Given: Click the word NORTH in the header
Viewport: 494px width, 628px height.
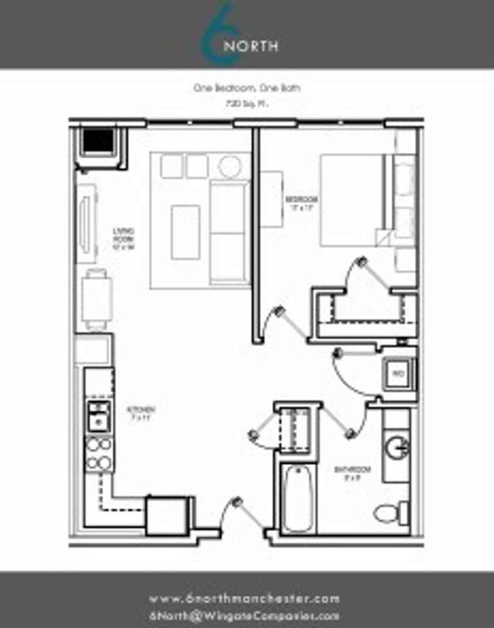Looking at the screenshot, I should tap(251, 46).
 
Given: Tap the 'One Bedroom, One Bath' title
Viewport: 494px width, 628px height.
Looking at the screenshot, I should tap(247, 88).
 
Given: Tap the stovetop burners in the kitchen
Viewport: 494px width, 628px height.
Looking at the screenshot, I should tap(99, 454).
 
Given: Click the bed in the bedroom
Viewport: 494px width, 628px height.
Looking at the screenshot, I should tap(353, 200).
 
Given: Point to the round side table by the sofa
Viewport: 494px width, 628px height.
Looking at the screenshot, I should tap(230, 166).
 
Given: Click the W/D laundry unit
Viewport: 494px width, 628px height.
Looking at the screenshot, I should tap(398, 374).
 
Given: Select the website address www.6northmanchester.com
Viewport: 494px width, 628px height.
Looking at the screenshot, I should tap(245, 599).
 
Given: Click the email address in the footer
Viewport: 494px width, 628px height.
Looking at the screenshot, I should tap(245, 616).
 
